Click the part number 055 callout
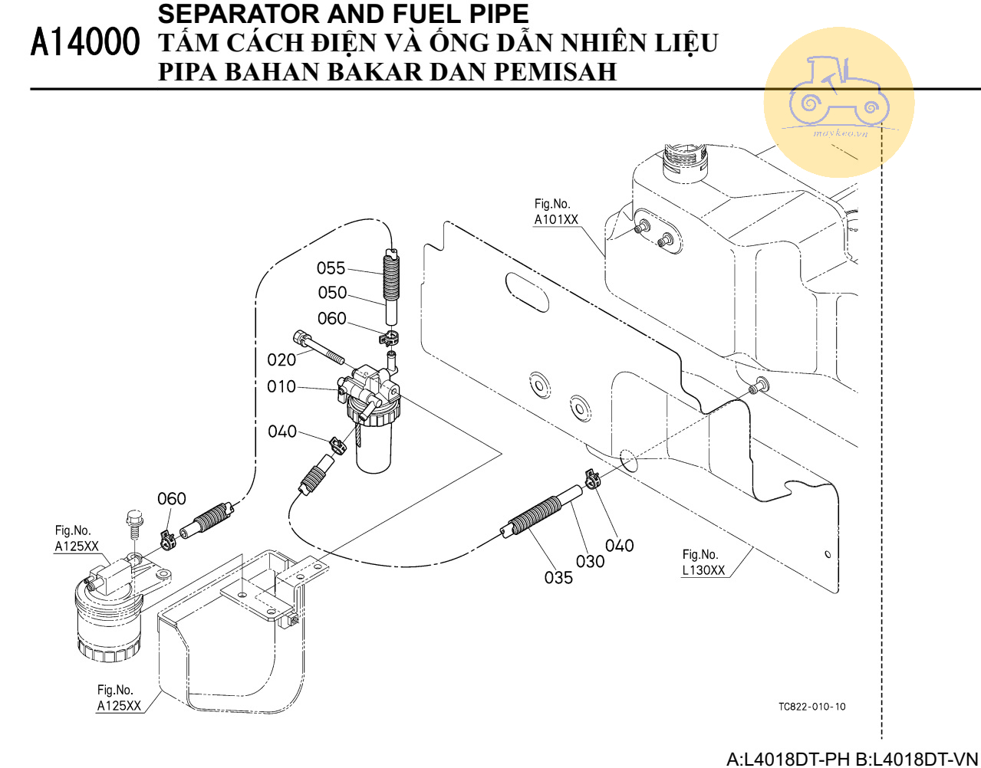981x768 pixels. click(331, 268)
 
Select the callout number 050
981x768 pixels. click(332, 293)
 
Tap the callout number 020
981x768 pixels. click(281, 359)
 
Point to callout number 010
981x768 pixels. click(281, 386)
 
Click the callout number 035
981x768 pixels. click(558, 577)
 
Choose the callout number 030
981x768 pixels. click(590, 561)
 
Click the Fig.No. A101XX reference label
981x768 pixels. click(556, 212)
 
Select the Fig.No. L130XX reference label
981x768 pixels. click(703, 563)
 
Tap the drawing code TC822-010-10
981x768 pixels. click(811, 707)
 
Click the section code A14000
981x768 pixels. click(85, 43)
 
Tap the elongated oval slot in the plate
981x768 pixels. click(527, 292)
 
